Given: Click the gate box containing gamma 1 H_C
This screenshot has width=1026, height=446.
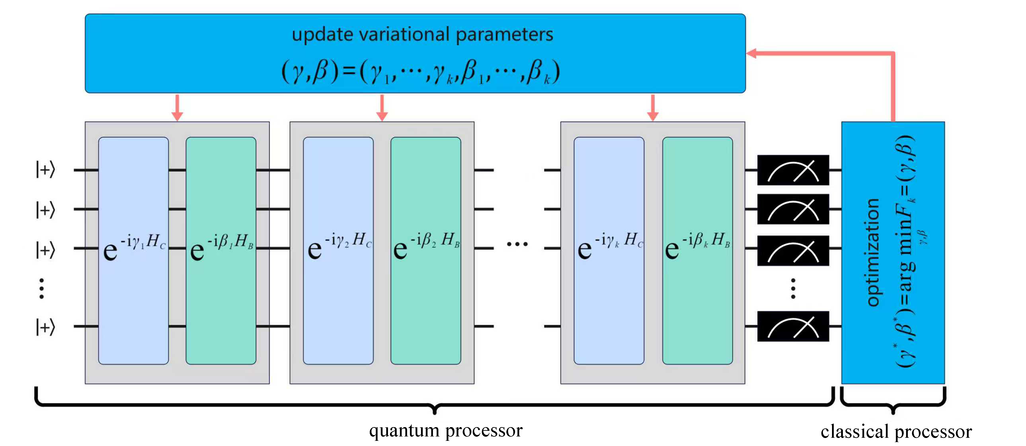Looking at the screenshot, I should click(133, 251).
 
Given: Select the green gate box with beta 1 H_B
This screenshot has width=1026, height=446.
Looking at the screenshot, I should click(221, 251).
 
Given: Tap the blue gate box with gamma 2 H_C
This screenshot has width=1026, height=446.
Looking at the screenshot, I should click(338, 251).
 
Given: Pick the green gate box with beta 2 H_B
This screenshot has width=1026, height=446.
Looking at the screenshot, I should click(426, 251).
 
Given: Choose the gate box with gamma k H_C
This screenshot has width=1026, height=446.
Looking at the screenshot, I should click(609, 251).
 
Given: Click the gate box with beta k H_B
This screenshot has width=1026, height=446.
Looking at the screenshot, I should click(697, 251).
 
